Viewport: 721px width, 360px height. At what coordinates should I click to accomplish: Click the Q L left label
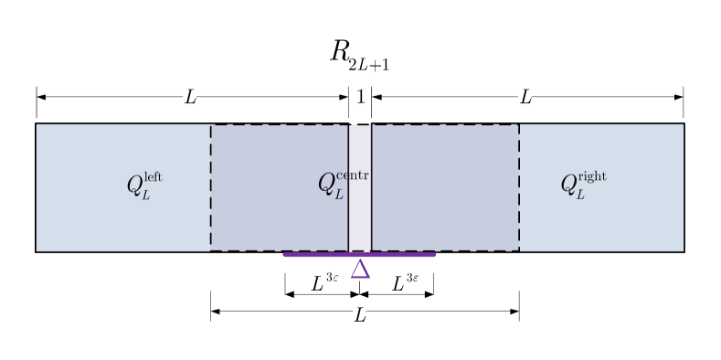pos(144,185)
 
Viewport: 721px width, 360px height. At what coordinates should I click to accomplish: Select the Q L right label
pos(583,185)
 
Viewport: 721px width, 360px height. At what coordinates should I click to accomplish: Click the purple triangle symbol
pos(360,270)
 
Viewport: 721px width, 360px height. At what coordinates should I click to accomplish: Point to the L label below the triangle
pos(360,315)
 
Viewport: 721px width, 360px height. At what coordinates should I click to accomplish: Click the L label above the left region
pos(190,97)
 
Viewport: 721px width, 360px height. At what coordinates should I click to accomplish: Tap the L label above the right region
pos(525,97)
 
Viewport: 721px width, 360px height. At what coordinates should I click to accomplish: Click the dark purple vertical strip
pos(360,210)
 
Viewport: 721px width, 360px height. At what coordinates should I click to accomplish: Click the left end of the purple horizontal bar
pos(286,255)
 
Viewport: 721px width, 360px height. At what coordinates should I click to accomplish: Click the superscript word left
pos(154,176)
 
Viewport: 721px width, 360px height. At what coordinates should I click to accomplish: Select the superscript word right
pos(592,176)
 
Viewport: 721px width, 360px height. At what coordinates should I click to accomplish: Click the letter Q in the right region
pos(568,185)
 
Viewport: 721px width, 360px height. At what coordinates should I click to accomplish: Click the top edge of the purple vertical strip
pos(360,125)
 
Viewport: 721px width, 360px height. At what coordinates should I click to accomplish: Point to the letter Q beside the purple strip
pos(326,185)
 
